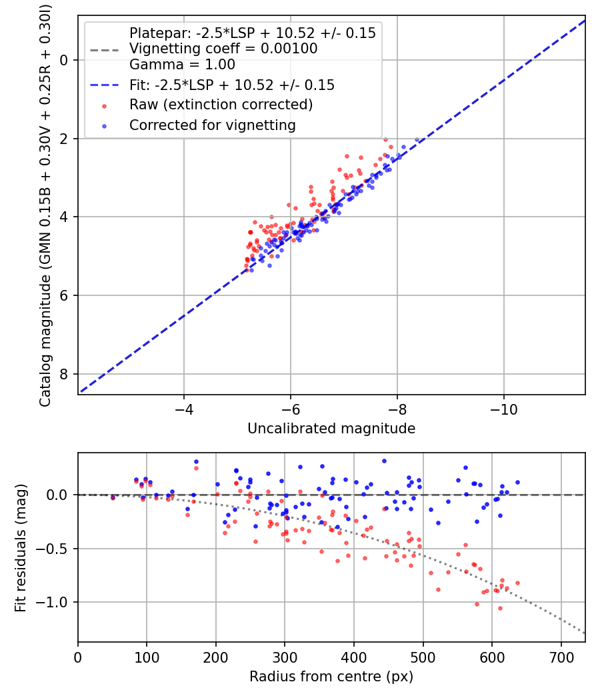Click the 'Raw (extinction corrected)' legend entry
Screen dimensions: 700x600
[221, 105]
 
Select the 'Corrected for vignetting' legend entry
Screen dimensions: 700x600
[213, 125]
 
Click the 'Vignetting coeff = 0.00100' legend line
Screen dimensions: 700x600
[223, 49]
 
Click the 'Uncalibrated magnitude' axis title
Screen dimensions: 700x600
[331, 429]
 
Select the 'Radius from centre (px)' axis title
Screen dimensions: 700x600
[331, 677]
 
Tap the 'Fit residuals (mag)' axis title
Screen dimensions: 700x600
[21, 548]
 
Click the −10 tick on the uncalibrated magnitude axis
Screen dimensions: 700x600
[503, 407]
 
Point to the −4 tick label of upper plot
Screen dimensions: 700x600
[184, 407]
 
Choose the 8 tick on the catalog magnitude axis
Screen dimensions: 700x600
[65, 374]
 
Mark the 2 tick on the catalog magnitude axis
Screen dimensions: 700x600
[65, 139]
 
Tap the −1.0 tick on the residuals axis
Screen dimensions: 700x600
[56, 603]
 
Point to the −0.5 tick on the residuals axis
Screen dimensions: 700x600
[56, 549]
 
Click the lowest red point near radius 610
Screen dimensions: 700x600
[500, 608]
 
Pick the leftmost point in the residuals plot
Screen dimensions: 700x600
[113, 497]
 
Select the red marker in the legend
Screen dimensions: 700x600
[103, 105]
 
